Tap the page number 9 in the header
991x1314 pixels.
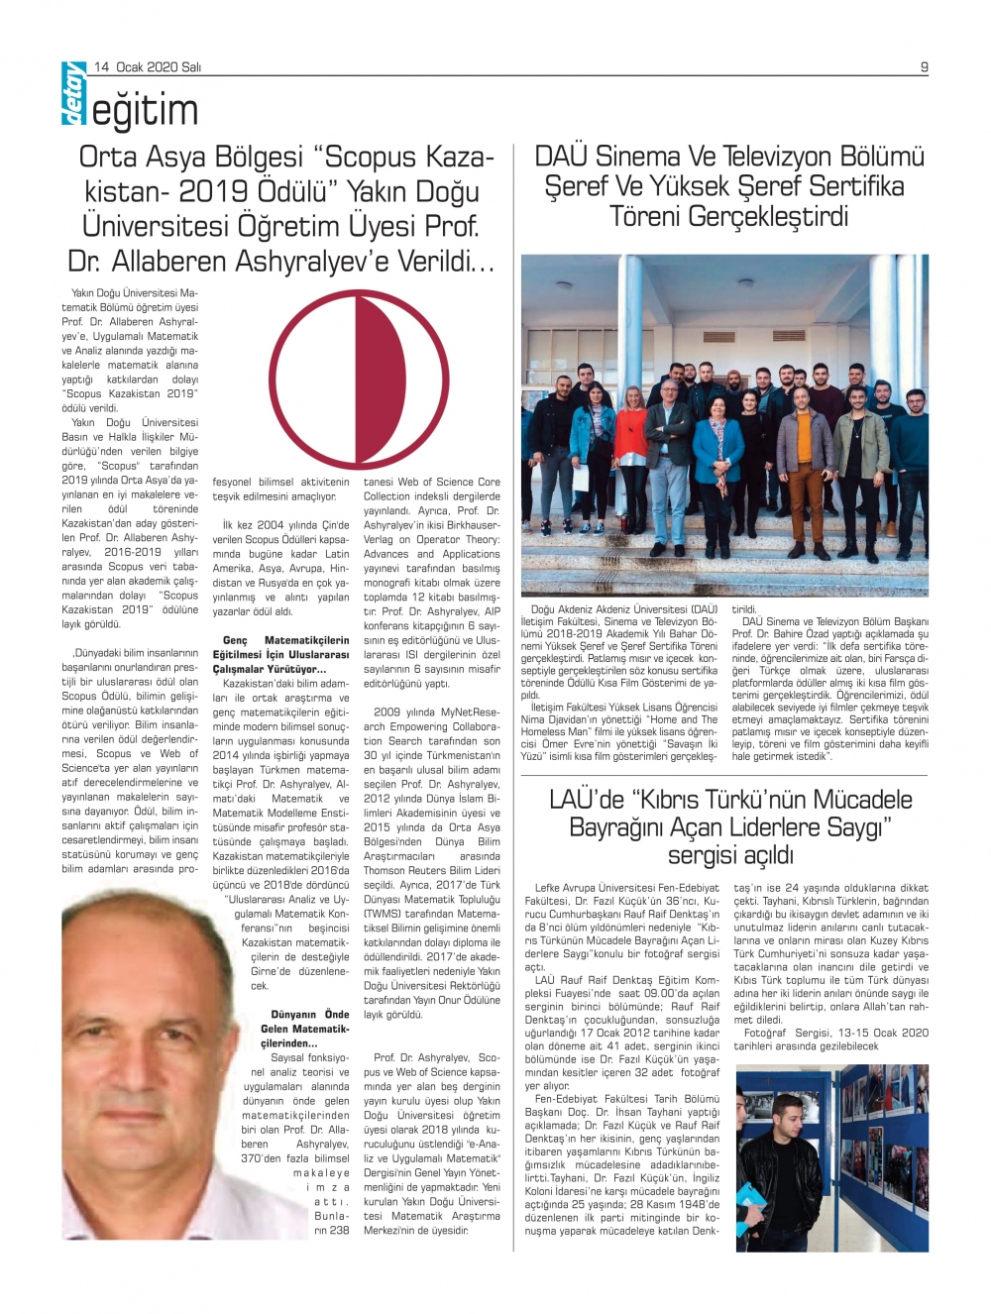point(924,67)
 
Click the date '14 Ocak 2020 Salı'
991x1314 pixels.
point(149,67)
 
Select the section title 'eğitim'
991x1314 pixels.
point(146,111)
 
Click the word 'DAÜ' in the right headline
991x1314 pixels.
point(561,157)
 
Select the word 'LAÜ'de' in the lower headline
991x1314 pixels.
point(588,800)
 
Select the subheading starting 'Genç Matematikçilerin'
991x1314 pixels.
point(280,654)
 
